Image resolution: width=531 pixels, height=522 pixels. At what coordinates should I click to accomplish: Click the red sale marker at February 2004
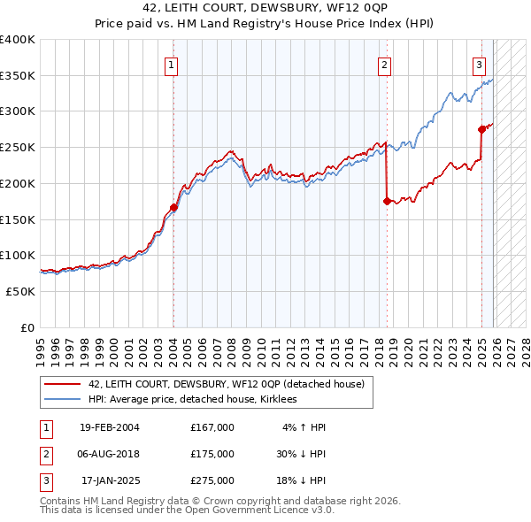(173, 208)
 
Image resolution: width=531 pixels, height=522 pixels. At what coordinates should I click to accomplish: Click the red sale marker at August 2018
(387, 202)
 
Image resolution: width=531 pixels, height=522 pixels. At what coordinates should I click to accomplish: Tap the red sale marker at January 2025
(481, 129)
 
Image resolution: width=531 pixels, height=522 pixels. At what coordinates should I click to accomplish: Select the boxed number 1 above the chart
(170, 64)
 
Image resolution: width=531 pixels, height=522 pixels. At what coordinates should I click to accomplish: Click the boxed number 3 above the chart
(479, 64)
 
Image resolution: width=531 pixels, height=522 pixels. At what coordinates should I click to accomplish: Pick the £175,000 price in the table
(212, 454)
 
